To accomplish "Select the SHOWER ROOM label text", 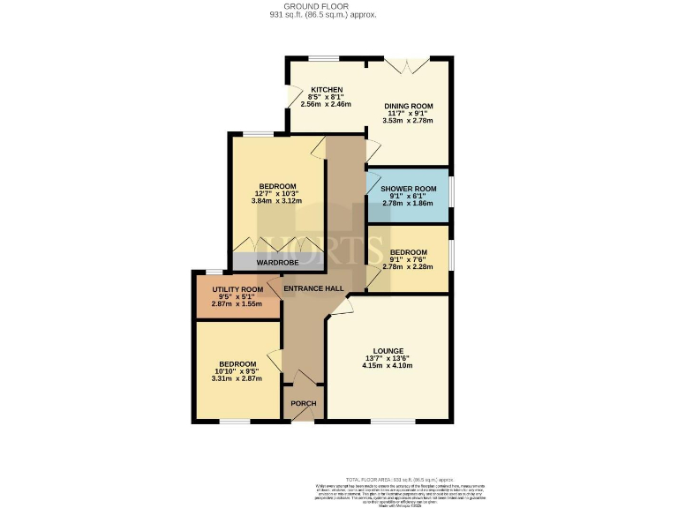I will coord(408,189).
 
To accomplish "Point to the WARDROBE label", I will coord(277,262).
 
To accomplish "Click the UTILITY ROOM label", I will coord(237,289).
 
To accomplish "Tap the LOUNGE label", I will coord(388,351).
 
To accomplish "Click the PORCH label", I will coord(303,403).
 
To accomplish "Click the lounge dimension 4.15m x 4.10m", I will coord(388,366).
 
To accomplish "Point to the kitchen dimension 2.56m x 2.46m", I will coord(326,104).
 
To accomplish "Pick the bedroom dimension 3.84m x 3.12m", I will coord(276,201).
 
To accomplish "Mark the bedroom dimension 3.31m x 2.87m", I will coord(237,378).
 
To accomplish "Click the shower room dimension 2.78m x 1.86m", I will coord(408,203).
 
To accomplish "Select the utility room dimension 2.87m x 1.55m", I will coord(237,303).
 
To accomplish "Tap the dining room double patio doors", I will coord(408,66).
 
